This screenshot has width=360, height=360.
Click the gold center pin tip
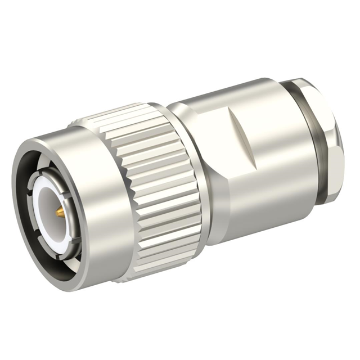point(58,212)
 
